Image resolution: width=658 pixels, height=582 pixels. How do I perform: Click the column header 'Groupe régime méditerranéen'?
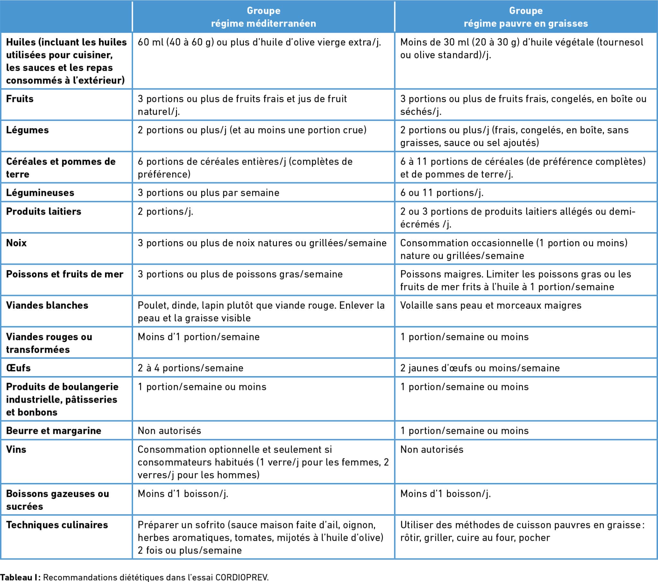263,17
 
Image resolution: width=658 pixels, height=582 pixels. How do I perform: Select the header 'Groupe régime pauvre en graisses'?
526,17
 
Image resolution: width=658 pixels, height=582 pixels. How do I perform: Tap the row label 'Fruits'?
20,99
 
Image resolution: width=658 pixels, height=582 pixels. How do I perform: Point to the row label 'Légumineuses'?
40,193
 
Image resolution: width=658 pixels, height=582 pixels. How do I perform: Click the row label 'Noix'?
16,243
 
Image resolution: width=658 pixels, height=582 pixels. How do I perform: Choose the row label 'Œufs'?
18,368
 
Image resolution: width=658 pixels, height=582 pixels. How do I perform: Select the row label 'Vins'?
16,449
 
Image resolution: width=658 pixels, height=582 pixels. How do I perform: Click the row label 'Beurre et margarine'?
54,431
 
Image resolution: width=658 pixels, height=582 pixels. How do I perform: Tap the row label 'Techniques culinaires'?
57,525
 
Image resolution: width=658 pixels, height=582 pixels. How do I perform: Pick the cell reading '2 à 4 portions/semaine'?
191,368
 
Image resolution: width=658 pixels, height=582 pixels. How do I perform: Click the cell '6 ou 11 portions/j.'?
442,193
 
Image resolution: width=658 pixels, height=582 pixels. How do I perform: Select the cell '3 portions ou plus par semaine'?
209,193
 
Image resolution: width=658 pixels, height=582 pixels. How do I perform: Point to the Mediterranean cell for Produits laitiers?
165,211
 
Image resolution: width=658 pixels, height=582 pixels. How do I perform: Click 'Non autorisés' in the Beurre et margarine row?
169,431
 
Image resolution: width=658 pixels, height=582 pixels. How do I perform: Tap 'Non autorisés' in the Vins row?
432,449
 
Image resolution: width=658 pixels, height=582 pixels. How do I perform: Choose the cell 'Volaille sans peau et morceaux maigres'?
491,305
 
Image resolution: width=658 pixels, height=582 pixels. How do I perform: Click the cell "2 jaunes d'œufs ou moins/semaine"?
480,368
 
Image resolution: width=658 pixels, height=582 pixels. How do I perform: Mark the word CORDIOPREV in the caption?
241,577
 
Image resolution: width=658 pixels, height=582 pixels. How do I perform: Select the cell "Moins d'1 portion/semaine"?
199,337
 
